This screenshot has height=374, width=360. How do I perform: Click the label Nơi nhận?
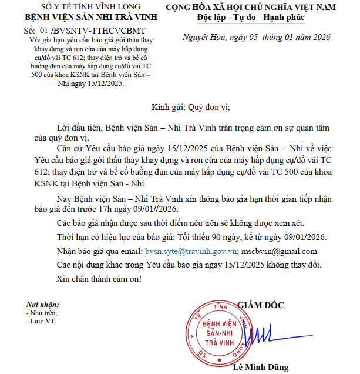click(43, 305)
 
